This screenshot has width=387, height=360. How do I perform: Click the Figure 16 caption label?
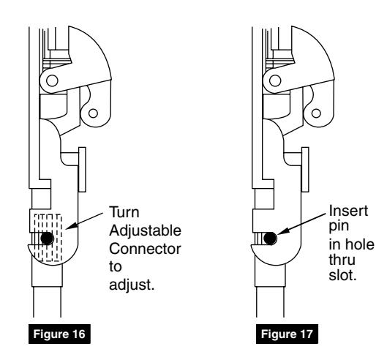point(59,334)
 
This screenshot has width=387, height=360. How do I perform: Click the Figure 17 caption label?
point(287,334)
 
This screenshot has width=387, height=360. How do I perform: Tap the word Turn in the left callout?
point(124,212)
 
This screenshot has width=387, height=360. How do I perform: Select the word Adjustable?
point(145,231)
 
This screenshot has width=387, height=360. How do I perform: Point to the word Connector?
point(145,249)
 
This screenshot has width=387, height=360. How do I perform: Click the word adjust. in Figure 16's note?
point(132,285)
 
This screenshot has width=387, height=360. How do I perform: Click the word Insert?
point(348,211)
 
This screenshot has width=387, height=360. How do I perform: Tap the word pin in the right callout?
point(339,227)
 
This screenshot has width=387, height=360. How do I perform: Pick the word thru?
point(342,260)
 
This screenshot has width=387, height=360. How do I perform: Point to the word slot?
point(343,275)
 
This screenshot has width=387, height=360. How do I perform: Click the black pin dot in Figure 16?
point(47,239)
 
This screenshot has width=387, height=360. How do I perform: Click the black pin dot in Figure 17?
point(270,239)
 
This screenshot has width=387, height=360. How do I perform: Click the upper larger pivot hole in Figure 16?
point(52,80)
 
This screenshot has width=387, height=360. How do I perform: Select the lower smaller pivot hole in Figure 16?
point(93,113)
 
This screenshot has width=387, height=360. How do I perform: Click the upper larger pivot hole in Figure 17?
point(275,80)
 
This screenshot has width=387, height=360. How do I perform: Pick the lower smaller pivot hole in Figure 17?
point(316,113)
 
